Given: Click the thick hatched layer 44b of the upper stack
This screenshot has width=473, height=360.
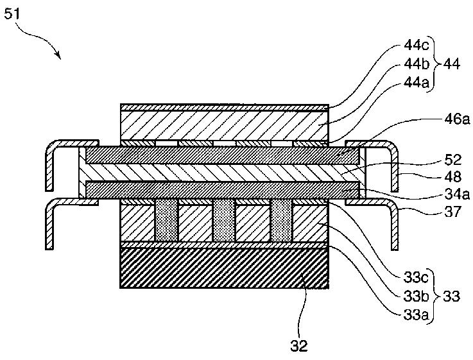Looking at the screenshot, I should coord(225,124).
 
